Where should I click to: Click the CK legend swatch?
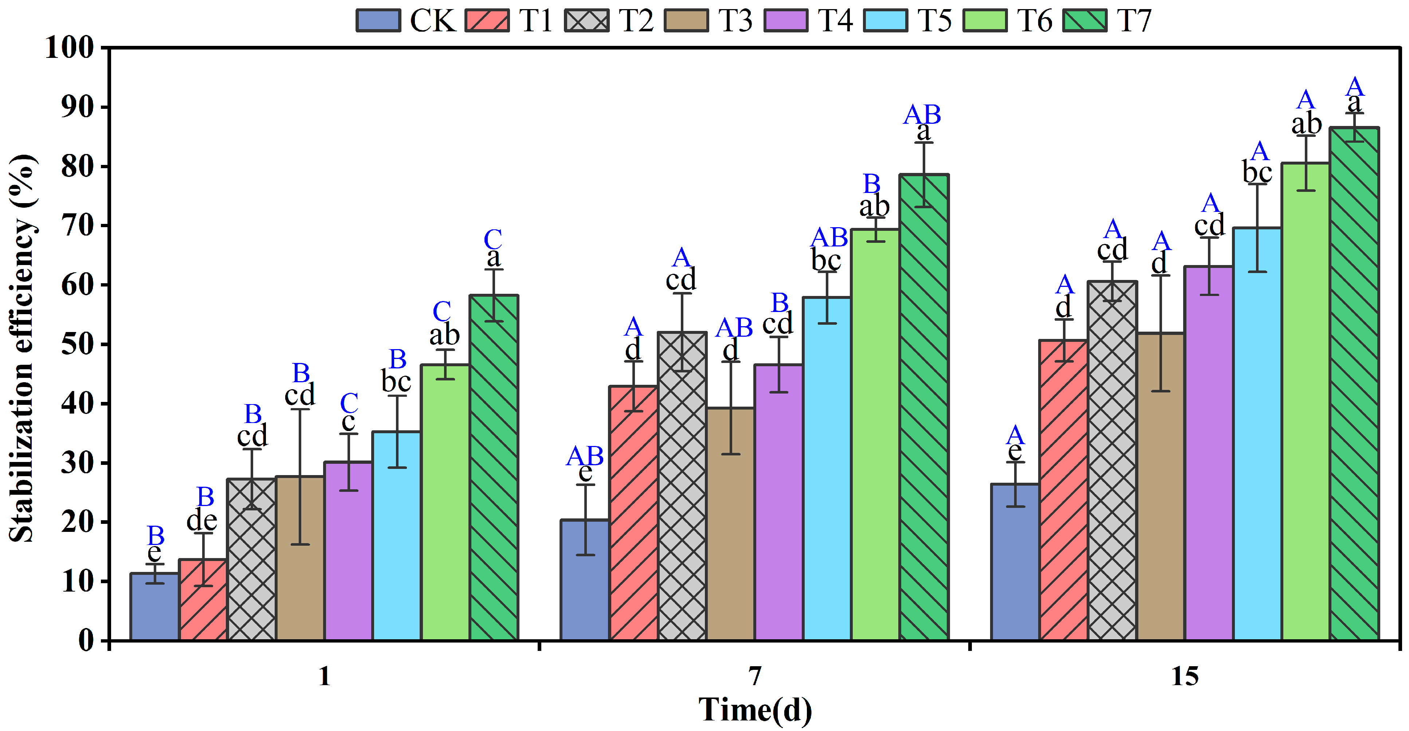coord(378,20)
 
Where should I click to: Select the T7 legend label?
coord(1134,20)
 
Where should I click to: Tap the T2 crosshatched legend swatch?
coord(586,20)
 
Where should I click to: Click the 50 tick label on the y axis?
coord(76,344)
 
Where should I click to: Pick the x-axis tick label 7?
coord(755,676)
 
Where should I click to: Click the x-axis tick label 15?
coord(1185,676)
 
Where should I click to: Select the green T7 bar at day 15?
coord(1354,383)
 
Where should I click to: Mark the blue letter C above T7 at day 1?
coord(493,239)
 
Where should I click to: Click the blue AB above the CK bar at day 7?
coord(585,455)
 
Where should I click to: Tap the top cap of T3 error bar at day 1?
coord(300,409)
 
